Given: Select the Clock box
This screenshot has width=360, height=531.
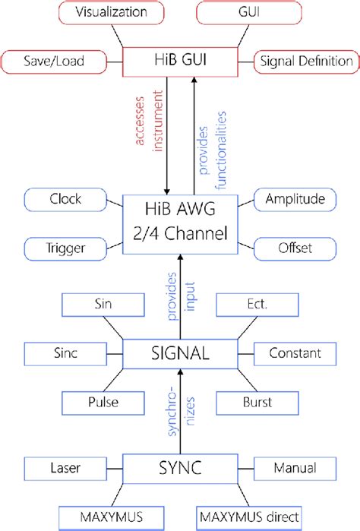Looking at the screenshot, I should (65, 201).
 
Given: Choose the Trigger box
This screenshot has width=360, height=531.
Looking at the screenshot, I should (65, 248).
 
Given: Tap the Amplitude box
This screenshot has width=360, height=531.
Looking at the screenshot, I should (293, 201).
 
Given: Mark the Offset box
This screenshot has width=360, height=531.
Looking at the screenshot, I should (293, 248).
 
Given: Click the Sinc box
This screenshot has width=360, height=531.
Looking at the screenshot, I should (65, 353).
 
